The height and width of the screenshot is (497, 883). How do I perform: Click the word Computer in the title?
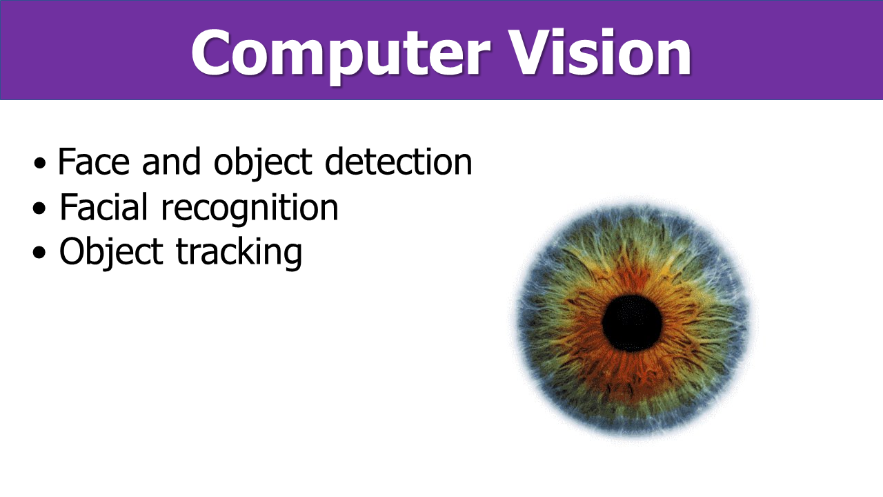[341, 55]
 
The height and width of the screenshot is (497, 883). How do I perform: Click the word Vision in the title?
[599, 51]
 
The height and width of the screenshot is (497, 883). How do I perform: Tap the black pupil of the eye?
[632, 323]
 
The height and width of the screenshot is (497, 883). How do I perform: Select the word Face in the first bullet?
[93, 161]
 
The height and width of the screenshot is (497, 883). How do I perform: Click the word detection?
[398, 161]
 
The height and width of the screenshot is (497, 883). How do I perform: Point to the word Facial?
[103, 206]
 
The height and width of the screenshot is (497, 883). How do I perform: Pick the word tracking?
[239, 254]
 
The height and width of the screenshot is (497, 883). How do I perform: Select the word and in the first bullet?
[172, 161]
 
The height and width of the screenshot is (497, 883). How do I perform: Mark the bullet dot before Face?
[39, 163]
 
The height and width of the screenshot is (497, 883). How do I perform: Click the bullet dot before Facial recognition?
[39, 208]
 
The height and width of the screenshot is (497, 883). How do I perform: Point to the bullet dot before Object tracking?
[39, 252]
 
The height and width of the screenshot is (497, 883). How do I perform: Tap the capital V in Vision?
[530, 51]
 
